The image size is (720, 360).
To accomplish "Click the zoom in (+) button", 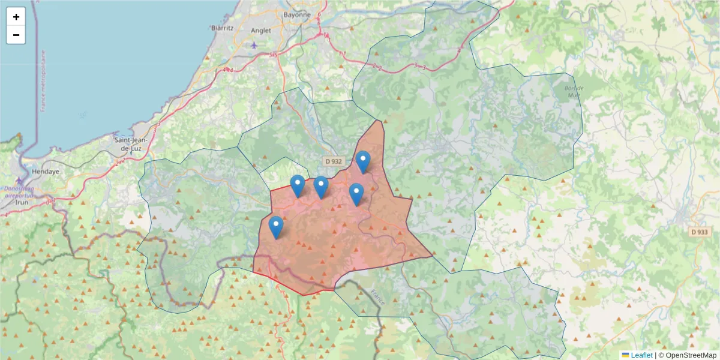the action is (x=16, y=17).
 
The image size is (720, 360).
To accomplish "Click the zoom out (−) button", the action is (x=16, y=35).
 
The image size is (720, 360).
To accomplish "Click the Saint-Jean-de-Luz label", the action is (x=131, y=143).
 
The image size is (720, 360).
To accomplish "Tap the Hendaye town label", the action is (x=46, y=171).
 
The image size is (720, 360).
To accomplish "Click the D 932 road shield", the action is (x=333, y=161).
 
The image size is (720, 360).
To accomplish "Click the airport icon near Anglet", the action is (x=254, y=44).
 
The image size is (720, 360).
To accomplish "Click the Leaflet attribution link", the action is (x=641, y=355).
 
